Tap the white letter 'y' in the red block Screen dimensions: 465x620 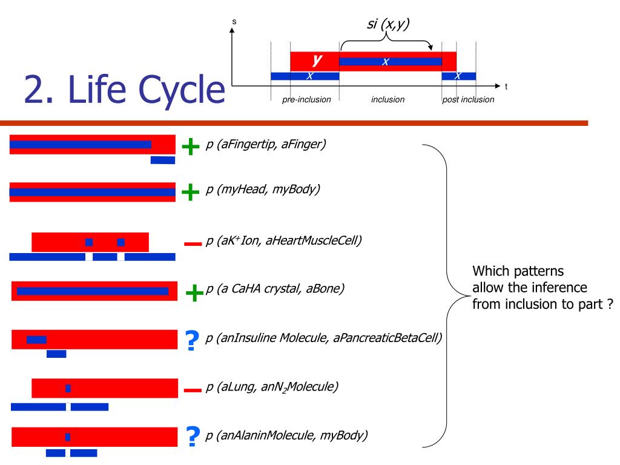(x=315, y=59)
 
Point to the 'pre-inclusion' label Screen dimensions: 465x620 (x=306, y=99)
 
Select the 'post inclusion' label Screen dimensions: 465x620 (x=468, y=99)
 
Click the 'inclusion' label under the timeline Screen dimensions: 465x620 (x=387, y=99)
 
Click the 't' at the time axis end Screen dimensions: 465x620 (x=506, y=87)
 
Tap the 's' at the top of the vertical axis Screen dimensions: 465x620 (x=234, y=22)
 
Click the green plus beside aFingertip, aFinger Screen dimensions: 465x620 (x=191, y=146)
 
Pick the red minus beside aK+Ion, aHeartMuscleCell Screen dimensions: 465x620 (x=192, y=243)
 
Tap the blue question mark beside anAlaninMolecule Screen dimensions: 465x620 (x=193, y=437)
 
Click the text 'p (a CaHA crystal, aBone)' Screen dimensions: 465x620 (x=275, y=289)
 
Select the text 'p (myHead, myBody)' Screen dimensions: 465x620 (x=263, y=190)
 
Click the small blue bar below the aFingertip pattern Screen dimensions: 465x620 (x=162, y=160)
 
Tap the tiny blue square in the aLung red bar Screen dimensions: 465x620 (x=68, y=388)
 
